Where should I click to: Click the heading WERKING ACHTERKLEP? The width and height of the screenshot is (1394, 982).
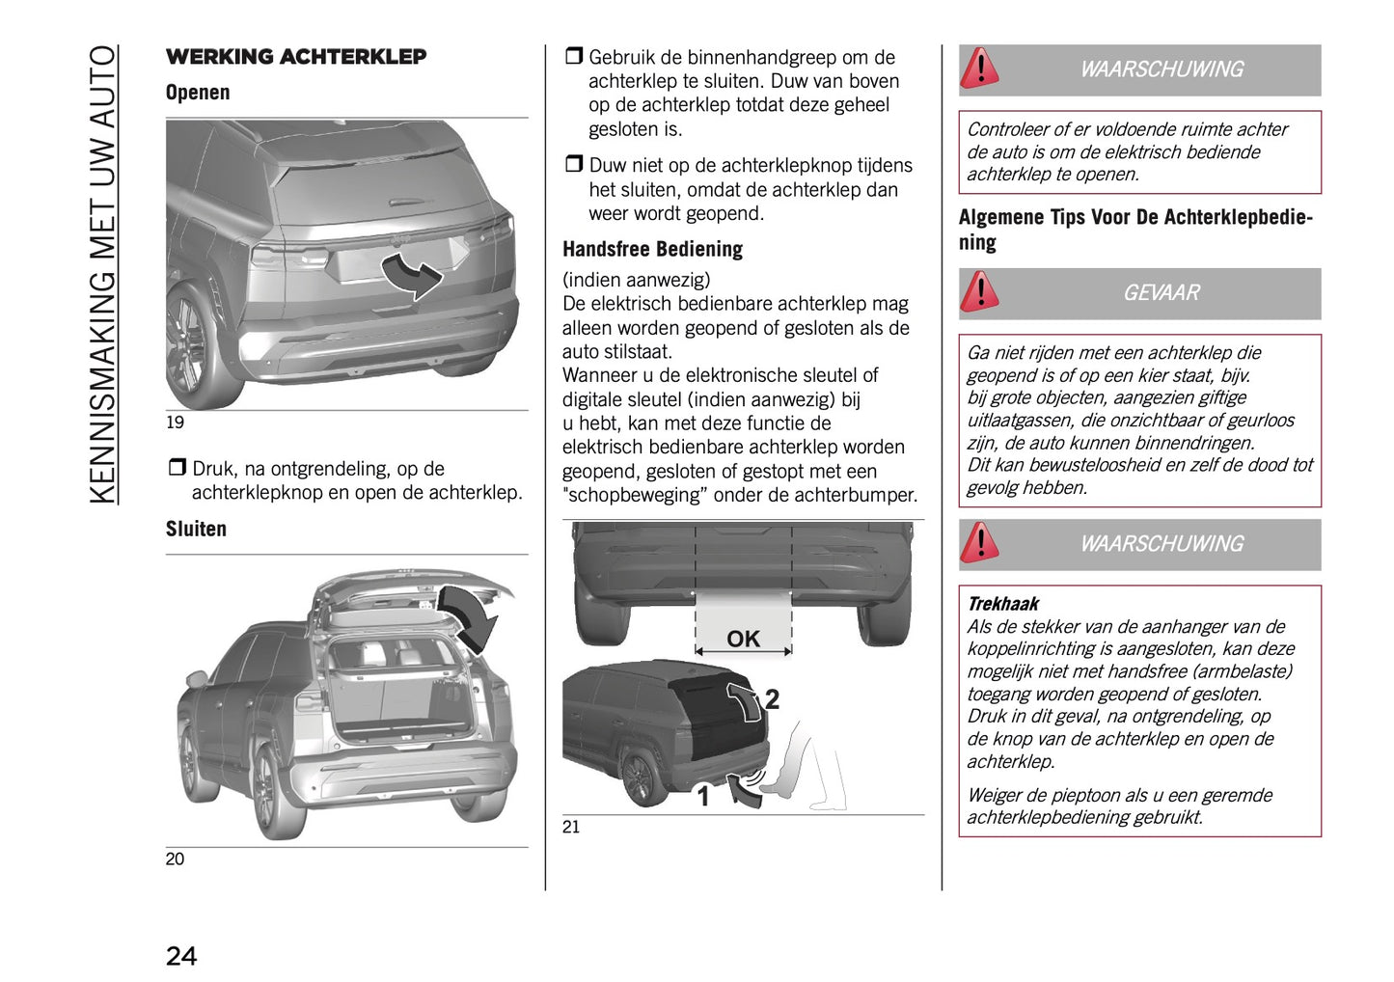[x=295, y=57]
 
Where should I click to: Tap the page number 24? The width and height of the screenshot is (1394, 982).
[x=181, y=955]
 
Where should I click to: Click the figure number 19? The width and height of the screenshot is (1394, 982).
[x=175, y=423]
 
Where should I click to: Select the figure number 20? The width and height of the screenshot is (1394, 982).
[x=175, y=859]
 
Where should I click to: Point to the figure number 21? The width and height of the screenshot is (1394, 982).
[x=571, y=827]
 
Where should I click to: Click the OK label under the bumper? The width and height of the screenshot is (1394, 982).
[x=743, y=639]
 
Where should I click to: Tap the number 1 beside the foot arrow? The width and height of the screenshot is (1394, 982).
[x=703, y=797]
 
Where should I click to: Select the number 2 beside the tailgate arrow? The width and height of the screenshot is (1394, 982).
[x=772, y=699]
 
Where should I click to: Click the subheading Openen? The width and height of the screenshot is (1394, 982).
[x=198, y=93]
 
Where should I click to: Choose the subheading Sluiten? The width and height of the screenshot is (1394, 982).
[x=196, y=529]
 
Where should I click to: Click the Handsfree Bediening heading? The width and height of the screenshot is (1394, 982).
[x=652, y=249]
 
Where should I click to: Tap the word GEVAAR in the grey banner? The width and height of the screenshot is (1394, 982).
[x=1161, y=293]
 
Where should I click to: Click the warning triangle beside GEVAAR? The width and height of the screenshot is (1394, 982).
[x=980, y=291]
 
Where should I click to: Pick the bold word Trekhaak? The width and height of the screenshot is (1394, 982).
[x=1002, y=604]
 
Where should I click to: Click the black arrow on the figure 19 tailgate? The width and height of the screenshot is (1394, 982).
[x=412, y=274]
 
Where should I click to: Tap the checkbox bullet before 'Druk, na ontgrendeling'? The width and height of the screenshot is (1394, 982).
[x=177, y=468]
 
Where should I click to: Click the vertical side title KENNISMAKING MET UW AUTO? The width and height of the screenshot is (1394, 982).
[x=103, y=274]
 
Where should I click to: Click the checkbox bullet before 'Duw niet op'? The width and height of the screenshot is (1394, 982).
[x=573, y=165]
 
